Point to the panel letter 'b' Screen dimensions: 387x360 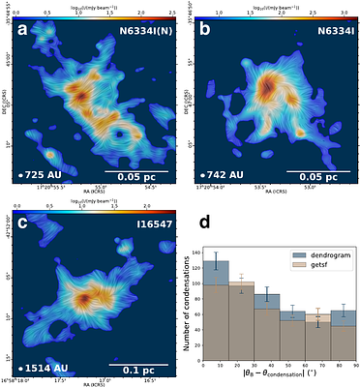pyautogui.click(x=206, y=34)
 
